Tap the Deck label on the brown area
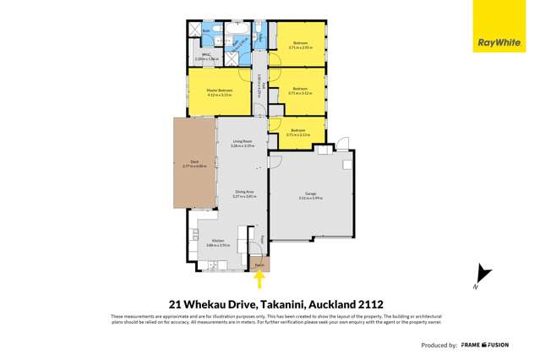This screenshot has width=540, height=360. click(194, 163)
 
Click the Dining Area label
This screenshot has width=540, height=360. click(244, 194)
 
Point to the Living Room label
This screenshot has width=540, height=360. click(243, 144)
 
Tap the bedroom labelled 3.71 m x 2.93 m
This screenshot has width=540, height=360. click(300, 45)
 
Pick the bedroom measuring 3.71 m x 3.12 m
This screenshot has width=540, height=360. click(300, 90)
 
